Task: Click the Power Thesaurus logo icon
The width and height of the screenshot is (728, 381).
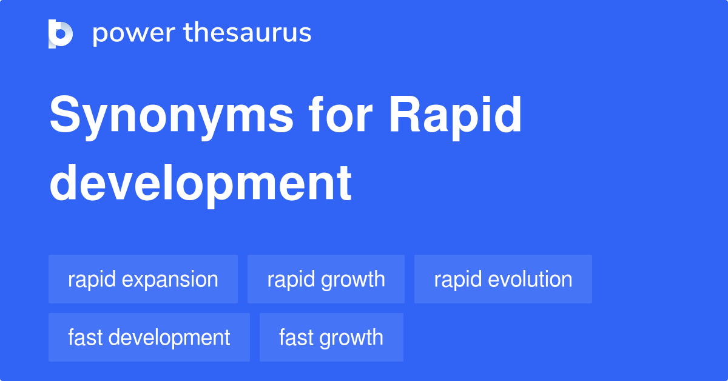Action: tap(61, 34)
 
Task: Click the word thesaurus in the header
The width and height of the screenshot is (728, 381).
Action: tap(248, 32)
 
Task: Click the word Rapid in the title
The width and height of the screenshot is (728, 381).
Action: tap(456, 118)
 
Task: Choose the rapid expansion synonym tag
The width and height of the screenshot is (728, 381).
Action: tap(143, 279)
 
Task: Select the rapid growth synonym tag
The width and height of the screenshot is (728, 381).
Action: tap(326, 279)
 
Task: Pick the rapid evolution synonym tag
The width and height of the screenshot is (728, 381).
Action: tap(503, 279)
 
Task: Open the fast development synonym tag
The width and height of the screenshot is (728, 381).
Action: tap(149, 337)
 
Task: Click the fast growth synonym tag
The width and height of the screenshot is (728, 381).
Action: tap(331, 337)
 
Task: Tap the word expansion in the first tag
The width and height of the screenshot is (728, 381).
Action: tap(170, 280)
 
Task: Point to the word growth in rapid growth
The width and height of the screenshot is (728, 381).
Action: tap(353, 280)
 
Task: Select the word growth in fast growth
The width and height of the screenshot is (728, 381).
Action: tap(352, 339)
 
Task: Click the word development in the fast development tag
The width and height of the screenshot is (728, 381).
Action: tap(169, 339)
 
